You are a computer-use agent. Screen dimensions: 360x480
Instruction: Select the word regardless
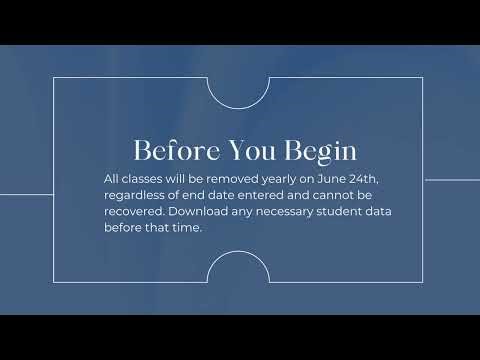point(134,196)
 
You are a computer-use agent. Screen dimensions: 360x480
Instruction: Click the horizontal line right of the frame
point(451,180)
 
